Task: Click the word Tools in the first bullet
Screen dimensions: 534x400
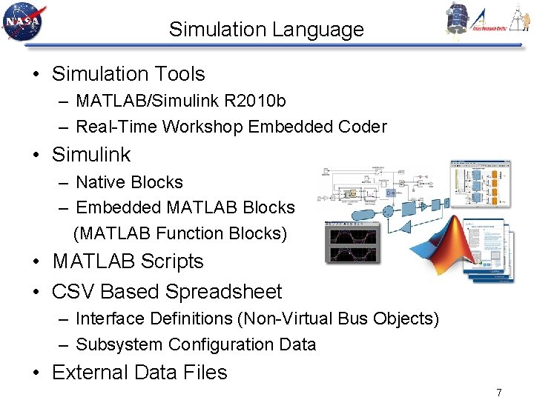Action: click(180, 74)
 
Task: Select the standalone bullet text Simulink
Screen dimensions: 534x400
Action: click(91, 155)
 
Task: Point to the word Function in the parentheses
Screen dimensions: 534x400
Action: click(190, 233)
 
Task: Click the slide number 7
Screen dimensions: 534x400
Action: click(499, 392)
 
